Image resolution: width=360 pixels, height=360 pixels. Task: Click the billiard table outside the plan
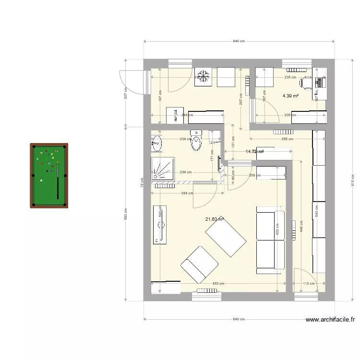coord(48,176)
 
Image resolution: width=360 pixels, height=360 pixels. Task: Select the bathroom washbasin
coord(157,142)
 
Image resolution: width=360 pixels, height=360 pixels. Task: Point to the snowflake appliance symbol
coord(203,76)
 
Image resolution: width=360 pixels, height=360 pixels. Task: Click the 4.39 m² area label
coord(290,96)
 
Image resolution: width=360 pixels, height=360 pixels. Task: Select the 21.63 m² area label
coord(215,219)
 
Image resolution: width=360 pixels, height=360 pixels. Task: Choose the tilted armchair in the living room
coord(199,264)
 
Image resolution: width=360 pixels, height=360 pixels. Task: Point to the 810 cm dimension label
coord(352,179)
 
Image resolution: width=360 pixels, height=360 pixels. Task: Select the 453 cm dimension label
coord(218,284)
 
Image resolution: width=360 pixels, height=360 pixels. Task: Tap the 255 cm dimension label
coord(288,139)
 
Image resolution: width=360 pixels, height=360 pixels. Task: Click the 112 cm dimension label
coord(309,284)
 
